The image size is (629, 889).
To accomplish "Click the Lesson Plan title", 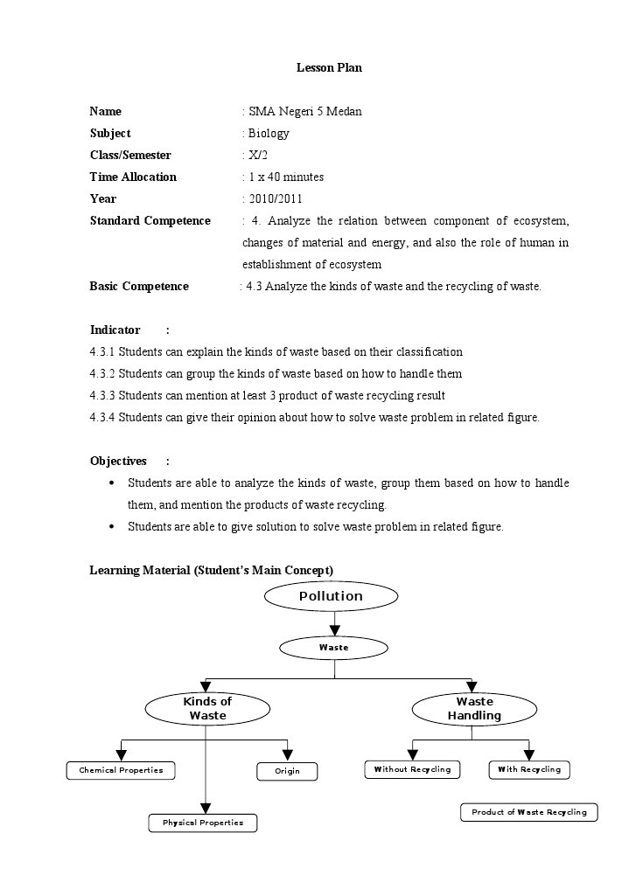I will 329,67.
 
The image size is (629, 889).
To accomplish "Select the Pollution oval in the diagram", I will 331,596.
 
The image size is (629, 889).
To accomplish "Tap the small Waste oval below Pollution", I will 334,648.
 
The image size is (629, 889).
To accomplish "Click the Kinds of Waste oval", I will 207,709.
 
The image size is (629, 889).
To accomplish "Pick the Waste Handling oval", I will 474,709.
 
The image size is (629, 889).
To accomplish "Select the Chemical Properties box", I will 121,770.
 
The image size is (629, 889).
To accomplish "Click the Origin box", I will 287,771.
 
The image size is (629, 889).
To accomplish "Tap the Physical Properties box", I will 203,823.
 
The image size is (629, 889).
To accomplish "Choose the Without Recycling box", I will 412,769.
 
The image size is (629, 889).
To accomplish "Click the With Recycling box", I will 529,769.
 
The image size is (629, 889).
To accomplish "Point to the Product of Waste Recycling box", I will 529,812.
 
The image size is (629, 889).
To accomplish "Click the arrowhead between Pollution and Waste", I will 334,630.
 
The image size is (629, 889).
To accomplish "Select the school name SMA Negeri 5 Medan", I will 304,111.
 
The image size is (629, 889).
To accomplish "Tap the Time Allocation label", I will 133,177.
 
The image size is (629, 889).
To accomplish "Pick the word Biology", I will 269,133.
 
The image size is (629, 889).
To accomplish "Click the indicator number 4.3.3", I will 102,395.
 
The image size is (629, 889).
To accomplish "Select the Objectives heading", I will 118,461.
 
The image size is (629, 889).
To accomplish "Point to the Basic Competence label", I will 139,286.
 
